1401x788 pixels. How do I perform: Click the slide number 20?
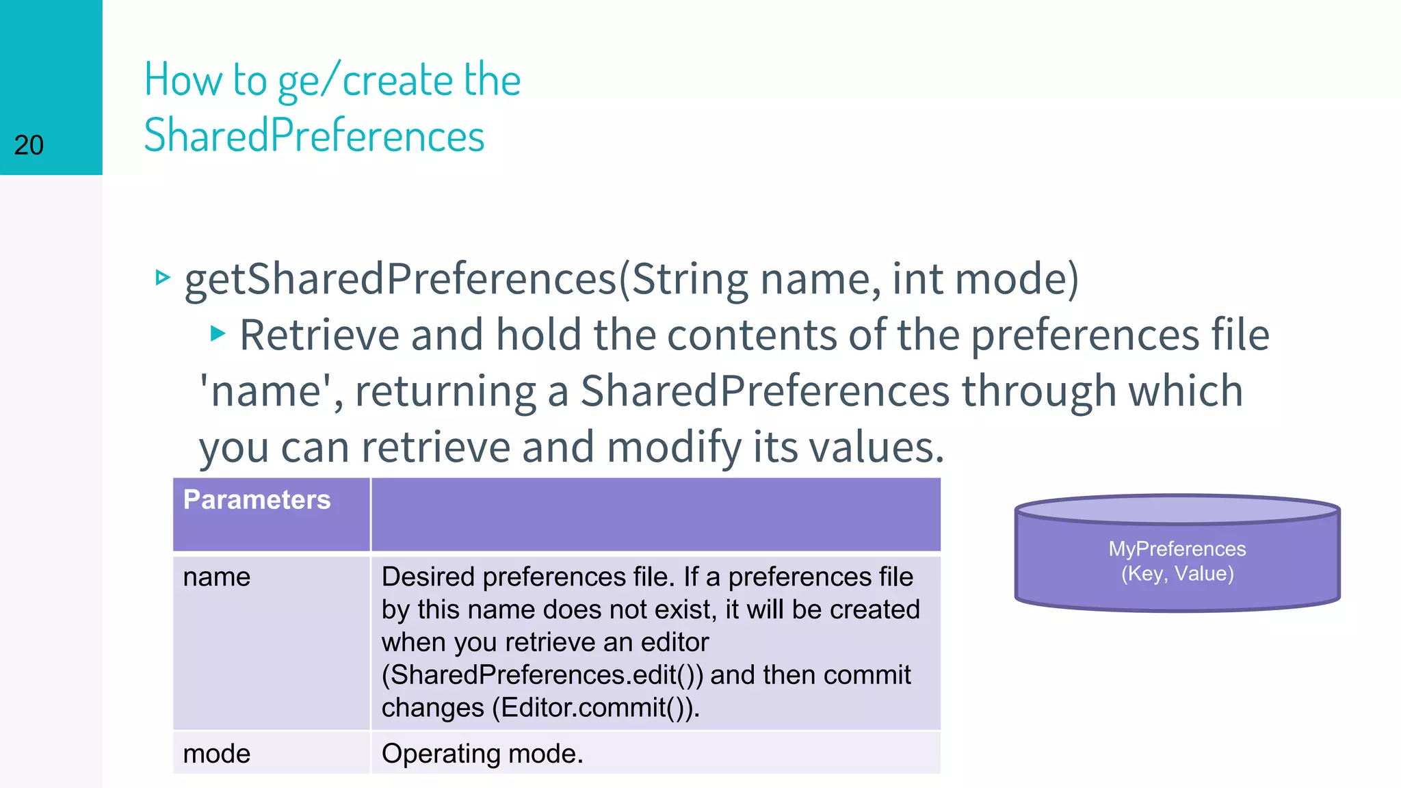29,145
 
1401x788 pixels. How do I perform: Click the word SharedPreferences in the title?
314,135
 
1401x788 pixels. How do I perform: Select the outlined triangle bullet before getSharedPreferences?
162,278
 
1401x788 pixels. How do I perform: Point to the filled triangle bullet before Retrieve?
218,334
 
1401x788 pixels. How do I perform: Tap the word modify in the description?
673,447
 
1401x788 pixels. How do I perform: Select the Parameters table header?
257,500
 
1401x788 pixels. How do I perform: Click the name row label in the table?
216,577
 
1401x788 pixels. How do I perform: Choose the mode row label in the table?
216,754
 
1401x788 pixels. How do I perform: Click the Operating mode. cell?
482,754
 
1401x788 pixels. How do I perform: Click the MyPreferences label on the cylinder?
1177,549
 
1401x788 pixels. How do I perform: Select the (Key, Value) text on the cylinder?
1177,573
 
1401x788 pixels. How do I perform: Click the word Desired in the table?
428,577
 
